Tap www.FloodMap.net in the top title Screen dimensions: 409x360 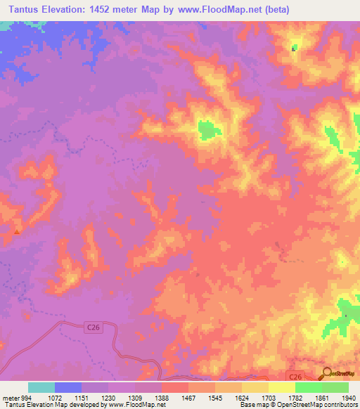tap(219, 9)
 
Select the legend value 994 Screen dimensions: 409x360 tap(27, 398)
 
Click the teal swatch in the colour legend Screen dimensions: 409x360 tap(41, 387)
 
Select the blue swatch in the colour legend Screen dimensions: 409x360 tap(68, 387)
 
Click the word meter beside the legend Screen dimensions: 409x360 tap(10, 398)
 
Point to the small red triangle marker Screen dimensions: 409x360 tap(17, 229)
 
